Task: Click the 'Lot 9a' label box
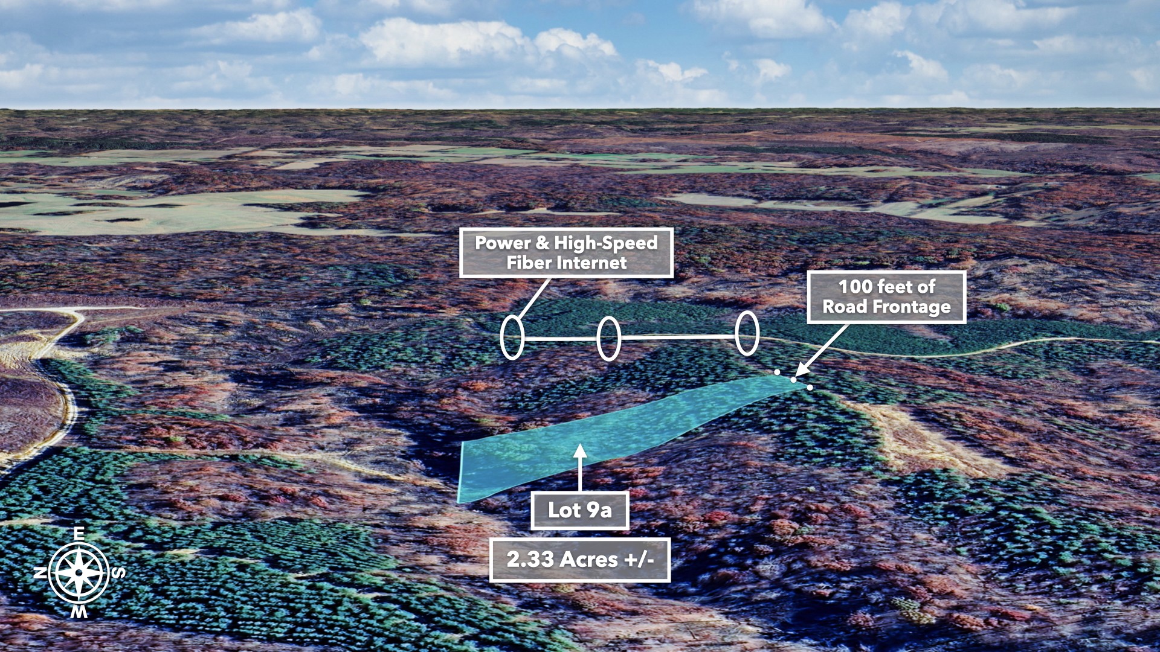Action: pos(579,510)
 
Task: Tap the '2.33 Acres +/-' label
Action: pos(579,560)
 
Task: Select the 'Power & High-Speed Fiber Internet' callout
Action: pos(566,253)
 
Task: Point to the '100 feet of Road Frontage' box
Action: pos(886,297)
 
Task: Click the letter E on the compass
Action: pos(79,534)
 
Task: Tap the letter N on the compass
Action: pos(40,573)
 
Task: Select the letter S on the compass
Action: pos(119,572)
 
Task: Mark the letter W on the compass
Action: pos(79,612)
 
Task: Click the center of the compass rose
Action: pos(79,573)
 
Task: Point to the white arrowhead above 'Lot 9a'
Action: pos(580,451)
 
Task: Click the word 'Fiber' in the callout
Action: pos(529,263)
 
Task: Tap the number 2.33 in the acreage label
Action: pos(530,560)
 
